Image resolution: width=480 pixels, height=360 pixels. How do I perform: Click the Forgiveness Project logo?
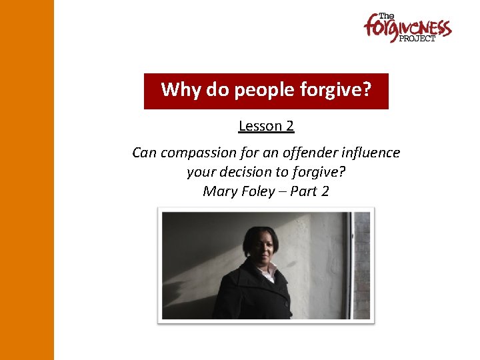407,28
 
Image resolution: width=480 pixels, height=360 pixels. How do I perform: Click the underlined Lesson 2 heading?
266,125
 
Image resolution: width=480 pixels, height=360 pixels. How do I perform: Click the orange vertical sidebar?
27,180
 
